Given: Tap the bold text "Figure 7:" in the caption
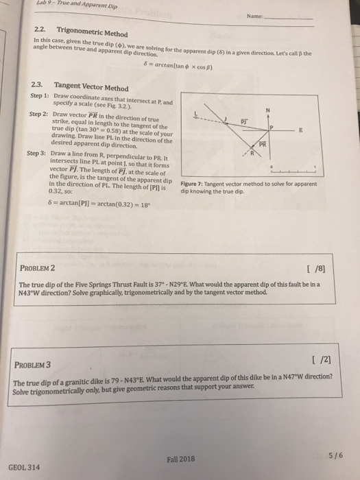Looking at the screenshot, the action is coord(194,184).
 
